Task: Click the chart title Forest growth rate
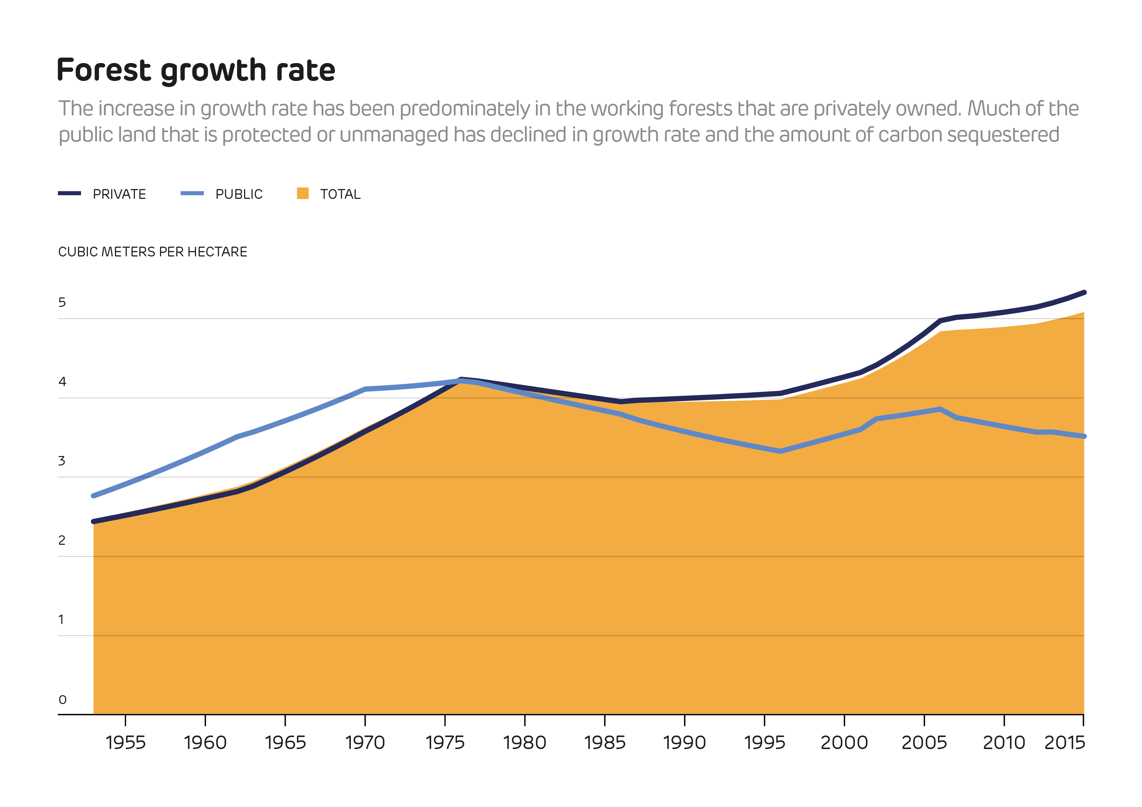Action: (196, 70)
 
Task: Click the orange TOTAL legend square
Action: (302, 193)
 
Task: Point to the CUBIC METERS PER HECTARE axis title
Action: (153, 252)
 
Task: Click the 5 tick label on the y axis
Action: (62, 302)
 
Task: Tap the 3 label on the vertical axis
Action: (62, 461)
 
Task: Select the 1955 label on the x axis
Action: (125, 743)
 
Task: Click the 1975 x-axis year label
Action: (445, 743)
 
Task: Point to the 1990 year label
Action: (684, 743)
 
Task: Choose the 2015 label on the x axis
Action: (1064, 743)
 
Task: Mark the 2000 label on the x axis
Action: (844, 743)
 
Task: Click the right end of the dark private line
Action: (1084, 293)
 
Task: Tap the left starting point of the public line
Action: (94, 496)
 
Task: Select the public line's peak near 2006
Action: (940, 409)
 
